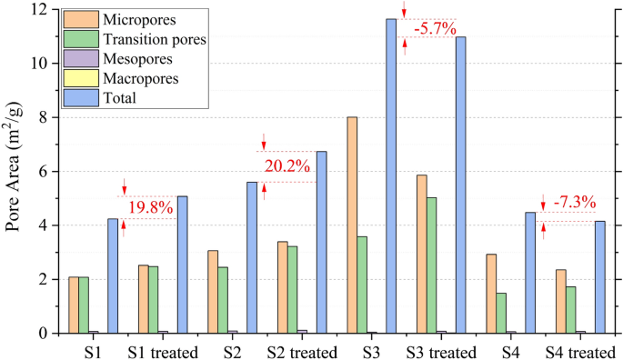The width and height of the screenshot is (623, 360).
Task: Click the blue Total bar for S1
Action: click(x=113, y=276)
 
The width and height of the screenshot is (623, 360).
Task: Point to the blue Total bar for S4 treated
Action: click(x=600, y=277)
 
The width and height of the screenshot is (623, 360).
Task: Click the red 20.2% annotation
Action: click(x=287, y=166)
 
